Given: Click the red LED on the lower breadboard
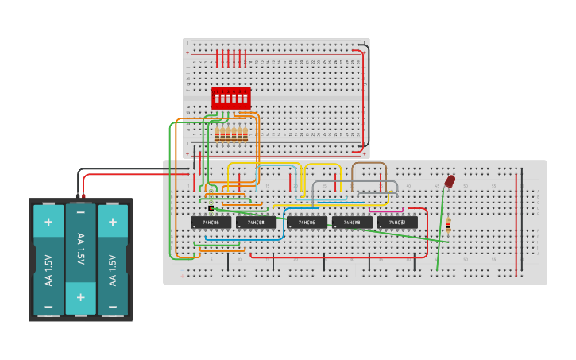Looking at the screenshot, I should [450, 182].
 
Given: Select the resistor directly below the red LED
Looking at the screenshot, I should [447, 225].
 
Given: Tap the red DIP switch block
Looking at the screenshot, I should [230, 99].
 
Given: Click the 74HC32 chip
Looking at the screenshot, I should [397, 223].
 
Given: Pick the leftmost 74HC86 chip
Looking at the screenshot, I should [211, 223].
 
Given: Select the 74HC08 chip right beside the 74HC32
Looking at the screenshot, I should [352, 223].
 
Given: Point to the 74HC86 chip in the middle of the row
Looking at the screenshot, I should [307, 223].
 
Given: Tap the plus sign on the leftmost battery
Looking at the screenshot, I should [48, 222].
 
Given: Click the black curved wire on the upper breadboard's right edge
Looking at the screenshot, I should [369, 95].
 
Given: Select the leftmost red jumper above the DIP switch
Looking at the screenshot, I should [217, 58].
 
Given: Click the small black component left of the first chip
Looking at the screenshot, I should [211, 208].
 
